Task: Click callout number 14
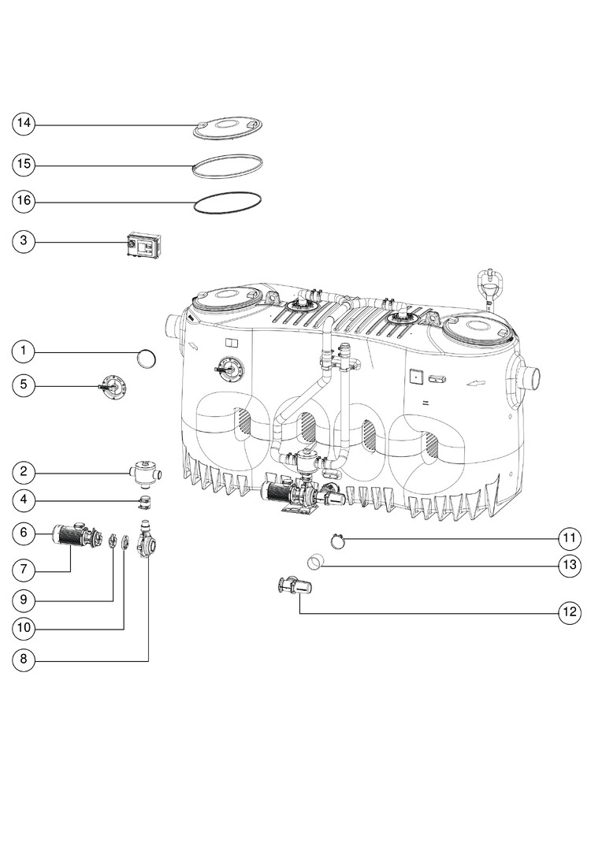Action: [x=24, y=124]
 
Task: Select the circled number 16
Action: [x=24, y=202]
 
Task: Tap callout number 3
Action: [x=24, y=241]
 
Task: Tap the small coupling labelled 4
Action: [x=144, y=502]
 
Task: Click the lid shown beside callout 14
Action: [x=229, y=128]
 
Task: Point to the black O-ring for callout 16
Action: [x=229, y=203]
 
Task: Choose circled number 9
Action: [x=24, y=600]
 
